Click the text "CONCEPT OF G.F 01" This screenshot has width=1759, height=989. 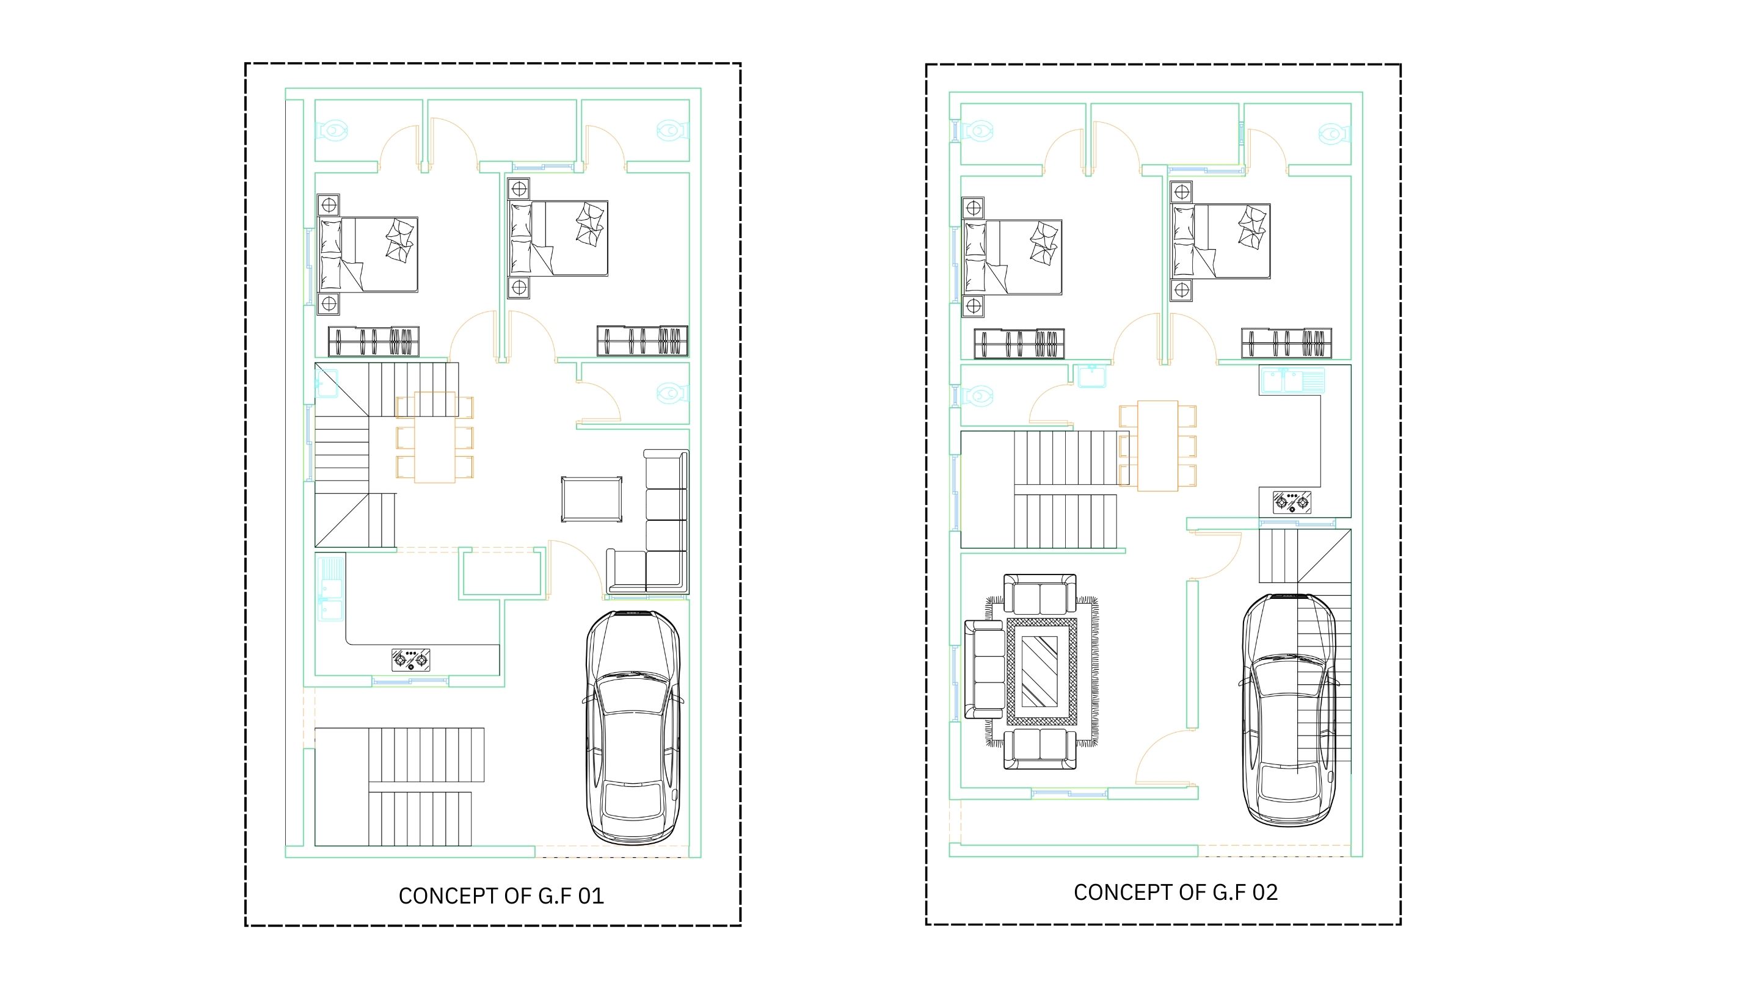tap(501, 896)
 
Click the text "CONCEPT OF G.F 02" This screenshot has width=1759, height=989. tap(1175, 892)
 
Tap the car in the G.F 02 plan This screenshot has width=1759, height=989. tap(1289, 710)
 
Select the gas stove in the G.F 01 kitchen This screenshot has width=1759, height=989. tap(411, 659)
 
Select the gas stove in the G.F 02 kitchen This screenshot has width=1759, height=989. tap(1292, 502)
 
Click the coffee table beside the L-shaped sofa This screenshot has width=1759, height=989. tap(591, 499)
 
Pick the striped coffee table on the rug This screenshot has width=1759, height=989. tap(1041, 672)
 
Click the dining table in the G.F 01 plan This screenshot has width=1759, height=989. tap(435, 438)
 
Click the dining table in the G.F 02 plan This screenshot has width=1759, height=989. tap(1157, 446)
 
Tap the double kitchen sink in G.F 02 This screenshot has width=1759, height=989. tap(1291, 380)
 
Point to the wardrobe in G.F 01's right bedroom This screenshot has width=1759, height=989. tap(643, 341)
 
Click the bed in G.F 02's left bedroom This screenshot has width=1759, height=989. tap(1012, 257)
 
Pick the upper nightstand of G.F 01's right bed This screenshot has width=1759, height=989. tap(519, 189)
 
